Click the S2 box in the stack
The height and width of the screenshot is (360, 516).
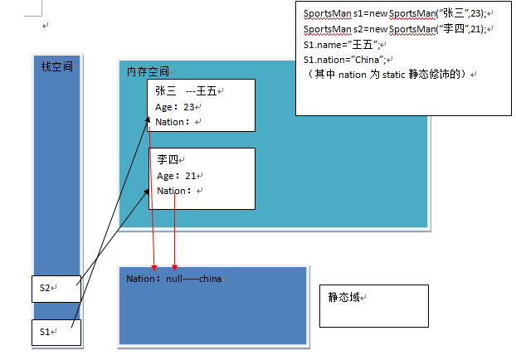click(x=56, y=288)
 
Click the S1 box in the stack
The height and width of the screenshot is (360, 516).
click(x=56, y=332)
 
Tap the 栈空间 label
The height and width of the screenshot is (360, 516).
click(x=56, y=66)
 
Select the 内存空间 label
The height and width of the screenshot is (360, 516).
click(x=148, y=72)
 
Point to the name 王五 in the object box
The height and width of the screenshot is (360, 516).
click(x=206, y=91)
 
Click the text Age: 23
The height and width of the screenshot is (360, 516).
click(x=176, y=106)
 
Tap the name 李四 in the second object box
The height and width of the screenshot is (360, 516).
click(x=168, y=159)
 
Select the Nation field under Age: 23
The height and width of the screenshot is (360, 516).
click(x=173, y=121)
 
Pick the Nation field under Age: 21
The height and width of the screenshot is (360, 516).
click(x=173, y=190)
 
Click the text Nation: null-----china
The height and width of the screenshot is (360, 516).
click(x=173, y=279)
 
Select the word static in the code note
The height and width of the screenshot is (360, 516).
click(x=394, y=74)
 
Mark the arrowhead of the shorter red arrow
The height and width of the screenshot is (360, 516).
click(x=174, y=263)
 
